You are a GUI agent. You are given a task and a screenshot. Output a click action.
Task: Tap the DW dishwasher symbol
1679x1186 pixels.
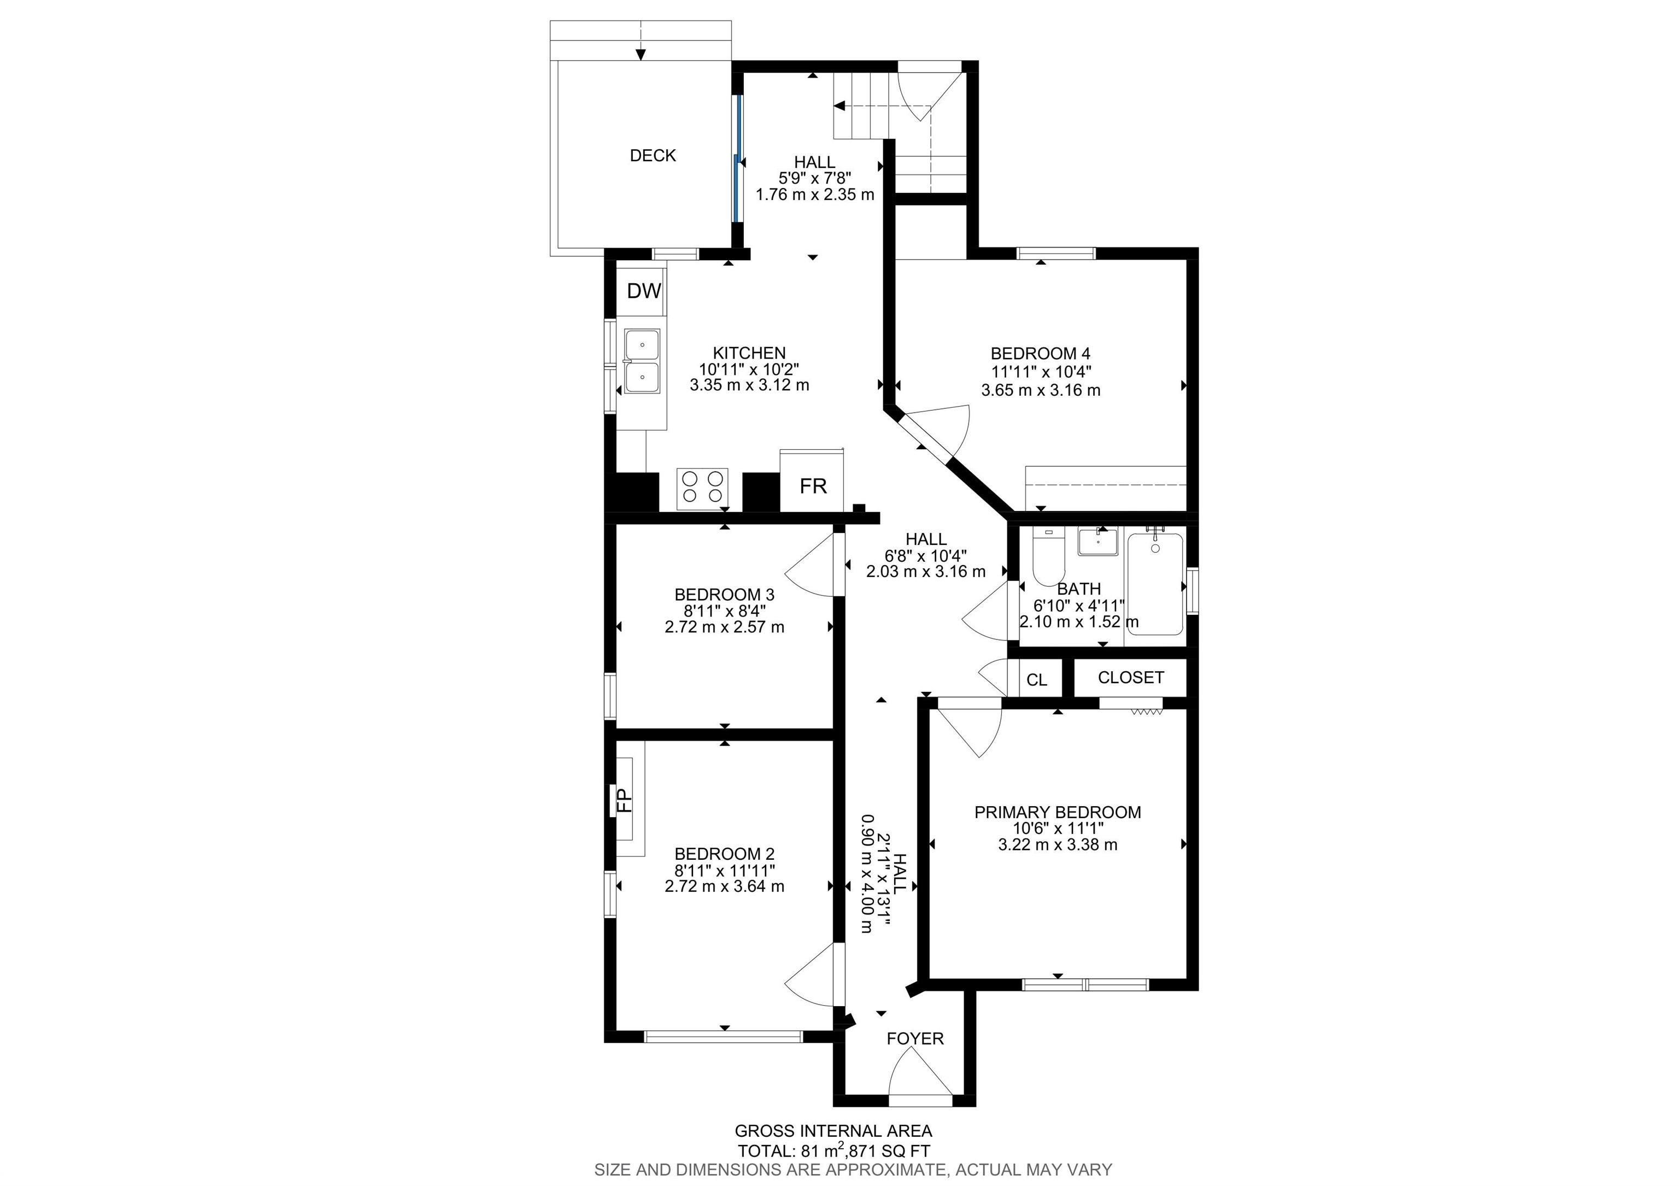pyautogui.click(x=643, y=291)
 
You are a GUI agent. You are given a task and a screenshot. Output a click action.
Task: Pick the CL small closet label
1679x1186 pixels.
pyautogui.click(x=1036, y=680)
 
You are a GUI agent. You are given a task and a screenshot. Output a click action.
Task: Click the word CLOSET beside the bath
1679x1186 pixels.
pyautogui.click(x=1131, y=678)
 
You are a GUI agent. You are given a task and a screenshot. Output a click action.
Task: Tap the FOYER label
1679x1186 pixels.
pyautogui.click(x=915, y=1038)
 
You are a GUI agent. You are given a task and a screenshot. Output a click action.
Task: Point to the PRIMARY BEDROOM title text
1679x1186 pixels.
pyautogui.click(x=1058, y=812)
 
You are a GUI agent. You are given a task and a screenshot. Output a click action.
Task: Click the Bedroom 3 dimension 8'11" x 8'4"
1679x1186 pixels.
pyautogui.click(x=724, y=610)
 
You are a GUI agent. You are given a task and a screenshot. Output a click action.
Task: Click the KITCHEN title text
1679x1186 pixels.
pyautogui.click(x=749, y=353)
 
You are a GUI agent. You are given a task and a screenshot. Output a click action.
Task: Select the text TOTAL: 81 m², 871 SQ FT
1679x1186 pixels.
pyautogui.click(x=833, y=1150)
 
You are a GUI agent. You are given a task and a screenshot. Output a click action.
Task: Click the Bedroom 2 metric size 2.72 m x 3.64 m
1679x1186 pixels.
pyautogui.click(x=724, y=886)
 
